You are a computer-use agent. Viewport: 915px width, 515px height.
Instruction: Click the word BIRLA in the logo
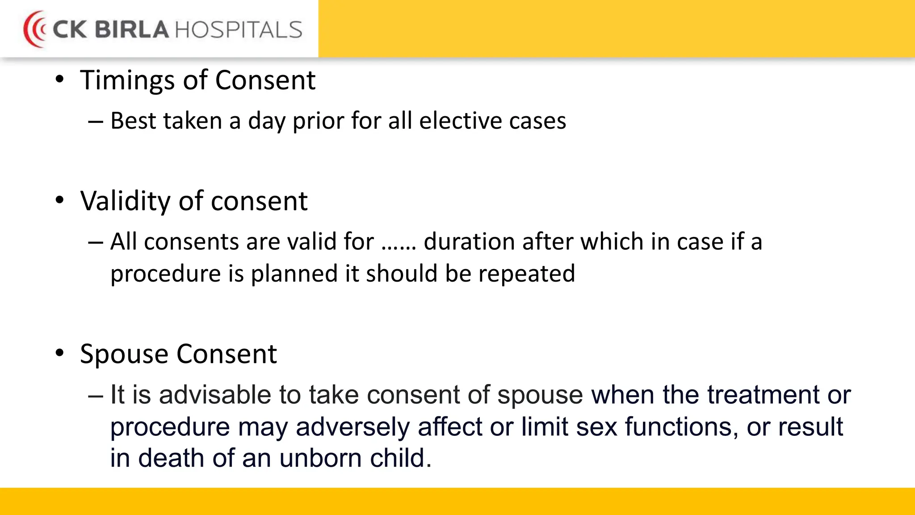132,30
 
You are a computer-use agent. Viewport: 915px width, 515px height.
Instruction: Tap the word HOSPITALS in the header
239,30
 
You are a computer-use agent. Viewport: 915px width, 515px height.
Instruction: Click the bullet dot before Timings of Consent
60,80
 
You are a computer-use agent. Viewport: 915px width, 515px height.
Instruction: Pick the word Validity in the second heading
126,201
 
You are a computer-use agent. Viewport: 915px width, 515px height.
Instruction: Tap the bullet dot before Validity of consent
60,200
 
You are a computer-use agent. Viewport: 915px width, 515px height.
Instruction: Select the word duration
469,242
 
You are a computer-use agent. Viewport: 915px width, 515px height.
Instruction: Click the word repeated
527,274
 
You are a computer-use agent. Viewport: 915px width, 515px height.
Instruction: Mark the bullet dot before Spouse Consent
60,353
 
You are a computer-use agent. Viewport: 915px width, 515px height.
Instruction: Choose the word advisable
215,395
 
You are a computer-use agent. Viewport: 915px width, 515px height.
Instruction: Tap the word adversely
353,427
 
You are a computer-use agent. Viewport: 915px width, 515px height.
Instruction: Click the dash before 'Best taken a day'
96,122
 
